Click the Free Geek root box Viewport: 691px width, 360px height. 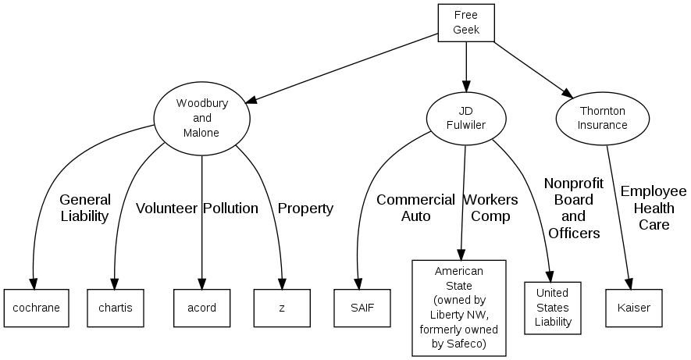coord(466,23)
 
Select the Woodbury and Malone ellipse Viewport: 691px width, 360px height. coord(201,118)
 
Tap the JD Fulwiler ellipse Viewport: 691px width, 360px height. coord(466,118)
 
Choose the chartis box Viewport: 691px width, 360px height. coord(116,308)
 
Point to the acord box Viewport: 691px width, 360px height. coord(201,308)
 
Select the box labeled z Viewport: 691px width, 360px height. coord(282,308)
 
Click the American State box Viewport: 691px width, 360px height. coord(458,308)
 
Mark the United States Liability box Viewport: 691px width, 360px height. coord(553,308)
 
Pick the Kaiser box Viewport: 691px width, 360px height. coord(633,308)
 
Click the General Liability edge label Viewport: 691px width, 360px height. coord(85,209)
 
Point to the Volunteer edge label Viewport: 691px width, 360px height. coord(166,209)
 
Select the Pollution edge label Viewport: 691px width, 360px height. coord(230,209)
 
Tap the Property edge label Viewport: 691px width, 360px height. coord(305,209)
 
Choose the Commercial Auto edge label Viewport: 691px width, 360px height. coord(415,208)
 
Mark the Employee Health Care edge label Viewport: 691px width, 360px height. coord(654,208)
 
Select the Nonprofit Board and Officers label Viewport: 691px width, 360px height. coord(574,208)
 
